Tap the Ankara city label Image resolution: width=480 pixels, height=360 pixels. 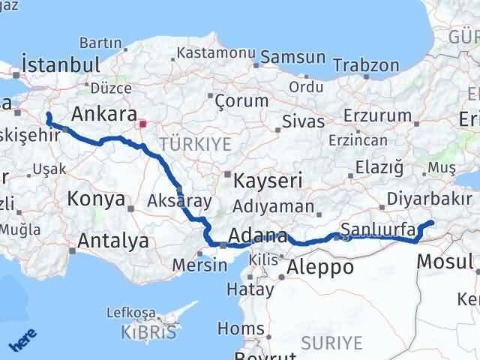point(103,115)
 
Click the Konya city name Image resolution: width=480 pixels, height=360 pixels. point(96,199)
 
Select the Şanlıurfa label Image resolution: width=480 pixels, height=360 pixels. point(378,229)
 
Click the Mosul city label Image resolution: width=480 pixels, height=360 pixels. point(445,261)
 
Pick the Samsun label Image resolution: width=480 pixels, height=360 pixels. point(292,57)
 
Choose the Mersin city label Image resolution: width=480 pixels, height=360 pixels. point(199,265)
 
